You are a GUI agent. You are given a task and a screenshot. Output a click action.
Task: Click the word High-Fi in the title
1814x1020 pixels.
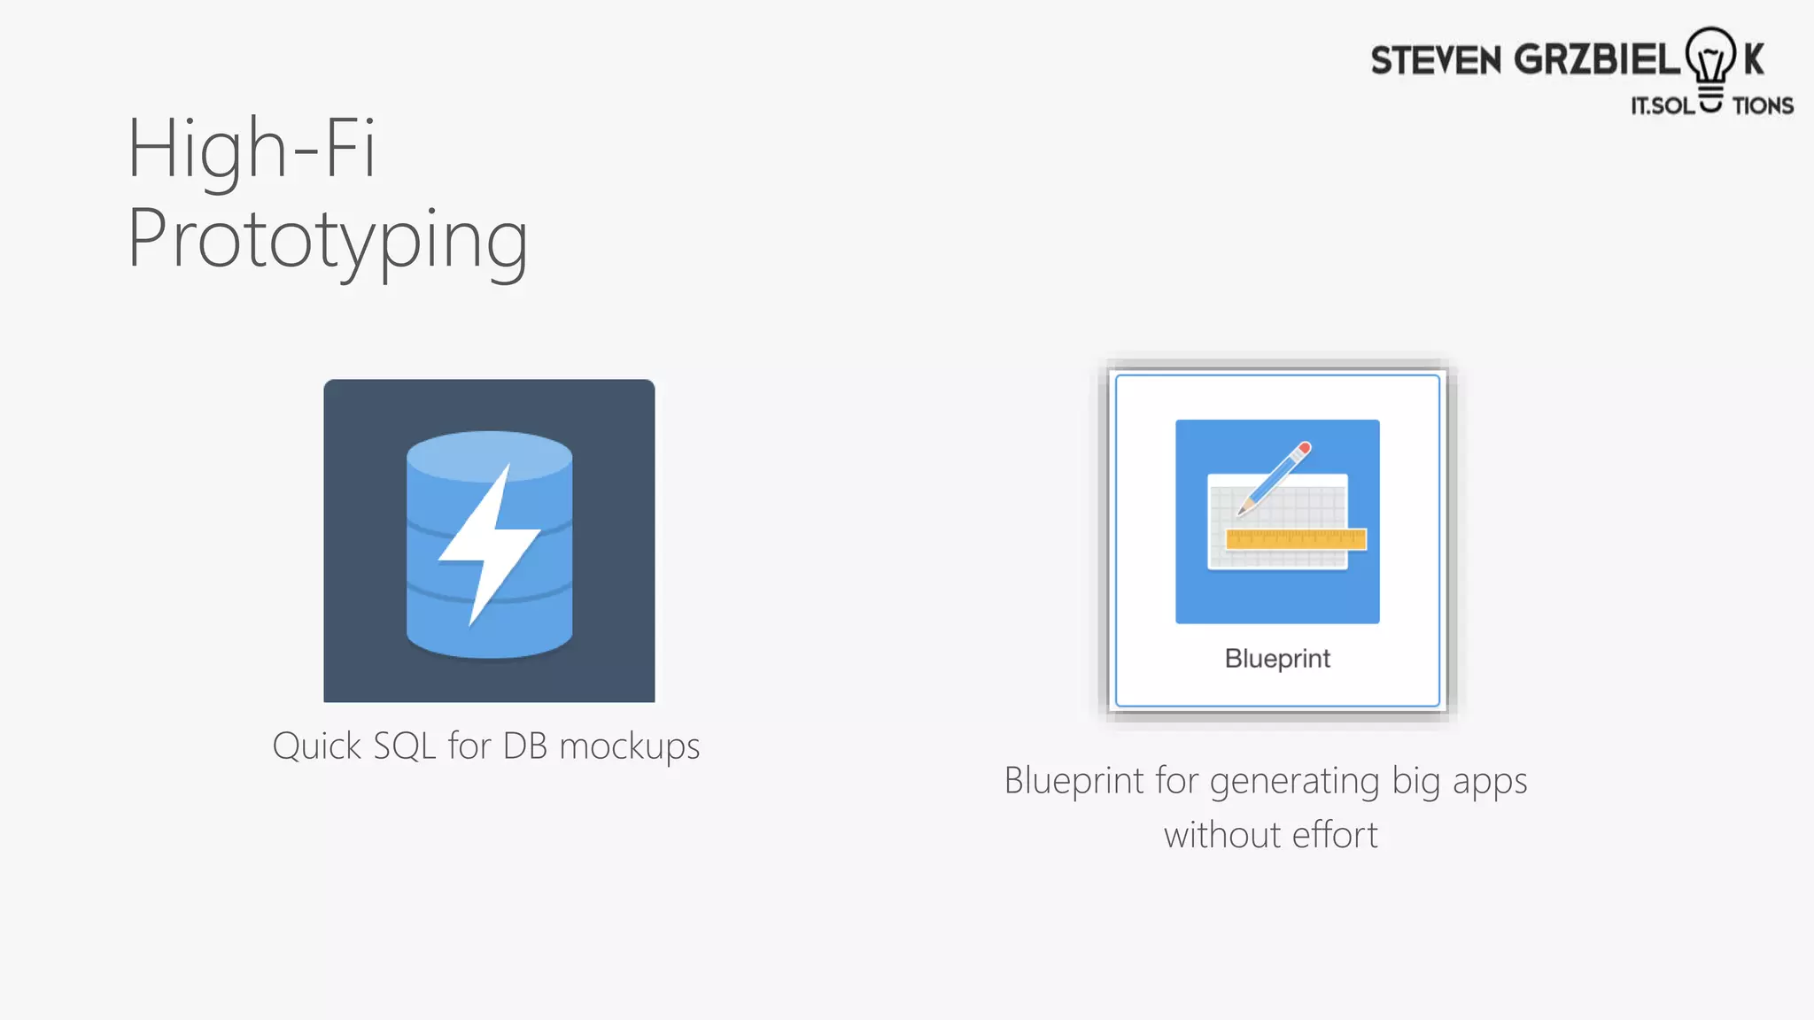(252, 148)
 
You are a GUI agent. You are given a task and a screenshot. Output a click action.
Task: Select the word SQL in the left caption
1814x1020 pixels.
(405, 746)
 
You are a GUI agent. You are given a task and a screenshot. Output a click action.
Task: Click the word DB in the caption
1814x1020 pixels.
(525, 746)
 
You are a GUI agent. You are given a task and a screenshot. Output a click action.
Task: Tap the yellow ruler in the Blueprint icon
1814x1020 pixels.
(1296, 539)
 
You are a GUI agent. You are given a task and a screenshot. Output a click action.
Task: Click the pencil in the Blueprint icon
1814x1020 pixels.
(1275, 478)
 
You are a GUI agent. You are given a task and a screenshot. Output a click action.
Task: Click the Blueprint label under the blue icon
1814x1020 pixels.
(1277, 659)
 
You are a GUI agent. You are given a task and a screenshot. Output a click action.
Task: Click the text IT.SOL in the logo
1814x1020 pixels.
(1663, 106)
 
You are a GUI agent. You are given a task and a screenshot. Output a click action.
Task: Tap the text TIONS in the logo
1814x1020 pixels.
(1763, 106)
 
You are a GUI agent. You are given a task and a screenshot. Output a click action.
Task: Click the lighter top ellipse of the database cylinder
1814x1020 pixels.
(489, 455)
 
